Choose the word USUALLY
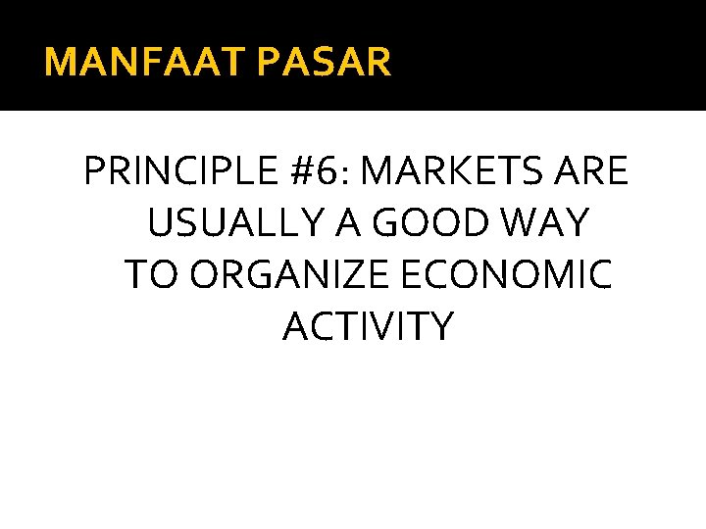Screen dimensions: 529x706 227,224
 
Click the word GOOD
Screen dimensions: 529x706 427,224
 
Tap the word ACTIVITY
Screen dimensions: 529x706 369,327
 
